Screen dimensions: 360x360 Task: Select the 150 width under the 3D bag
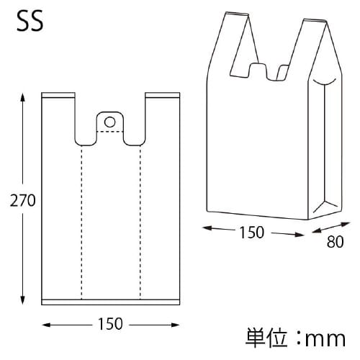(x=252, y=233)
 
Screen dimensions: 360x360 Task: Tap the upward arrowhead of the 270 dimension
(x=24, y=96)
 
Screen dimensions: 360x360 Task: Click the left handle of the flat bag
(x=59, y=115)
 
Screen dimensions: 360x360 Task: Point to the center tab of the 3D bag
(x=258, y=71)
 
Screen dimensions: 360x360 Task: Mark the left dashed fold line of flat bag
(x=81, y=223)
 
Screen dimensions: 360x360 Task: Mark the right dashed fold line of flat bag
(x=140, y=223)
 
